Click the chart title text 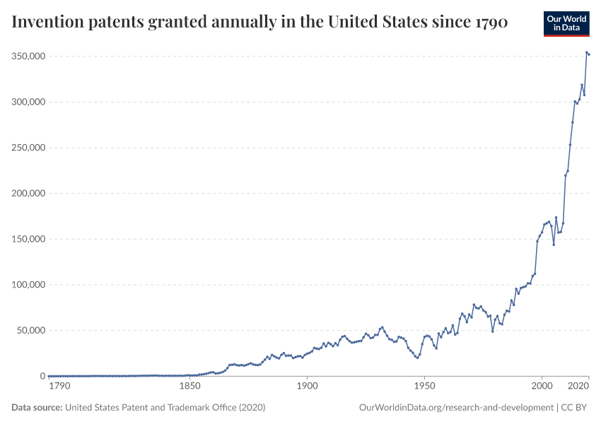click(x=259, y=22)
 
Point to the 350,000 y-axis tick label click(x=27, y=56)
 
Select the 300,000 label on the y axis click(x=27, y=102)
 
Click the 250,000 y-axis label click(x=27, y=148)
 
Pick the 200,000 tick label click(x=27, y=193)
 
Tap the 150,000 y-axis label click(x=27, y=239)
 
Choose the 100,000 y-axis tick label click(x=27, y=285)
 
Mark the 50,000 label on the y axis click(x=29, y=330)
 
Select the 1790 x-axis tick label click(x=59, y=387)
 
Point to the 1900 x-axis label click(x=306, y=387)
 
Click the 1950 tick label click(x=424, y=387)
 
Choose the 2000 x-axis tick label click(x=542, y=387)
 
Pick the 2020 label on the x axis click(x=579, y=387)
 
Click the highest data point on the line click(x=587, y=52)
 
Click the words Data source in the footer click(x=37, y=408)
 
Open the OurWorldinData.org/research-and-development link click(x=456, y=408)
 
